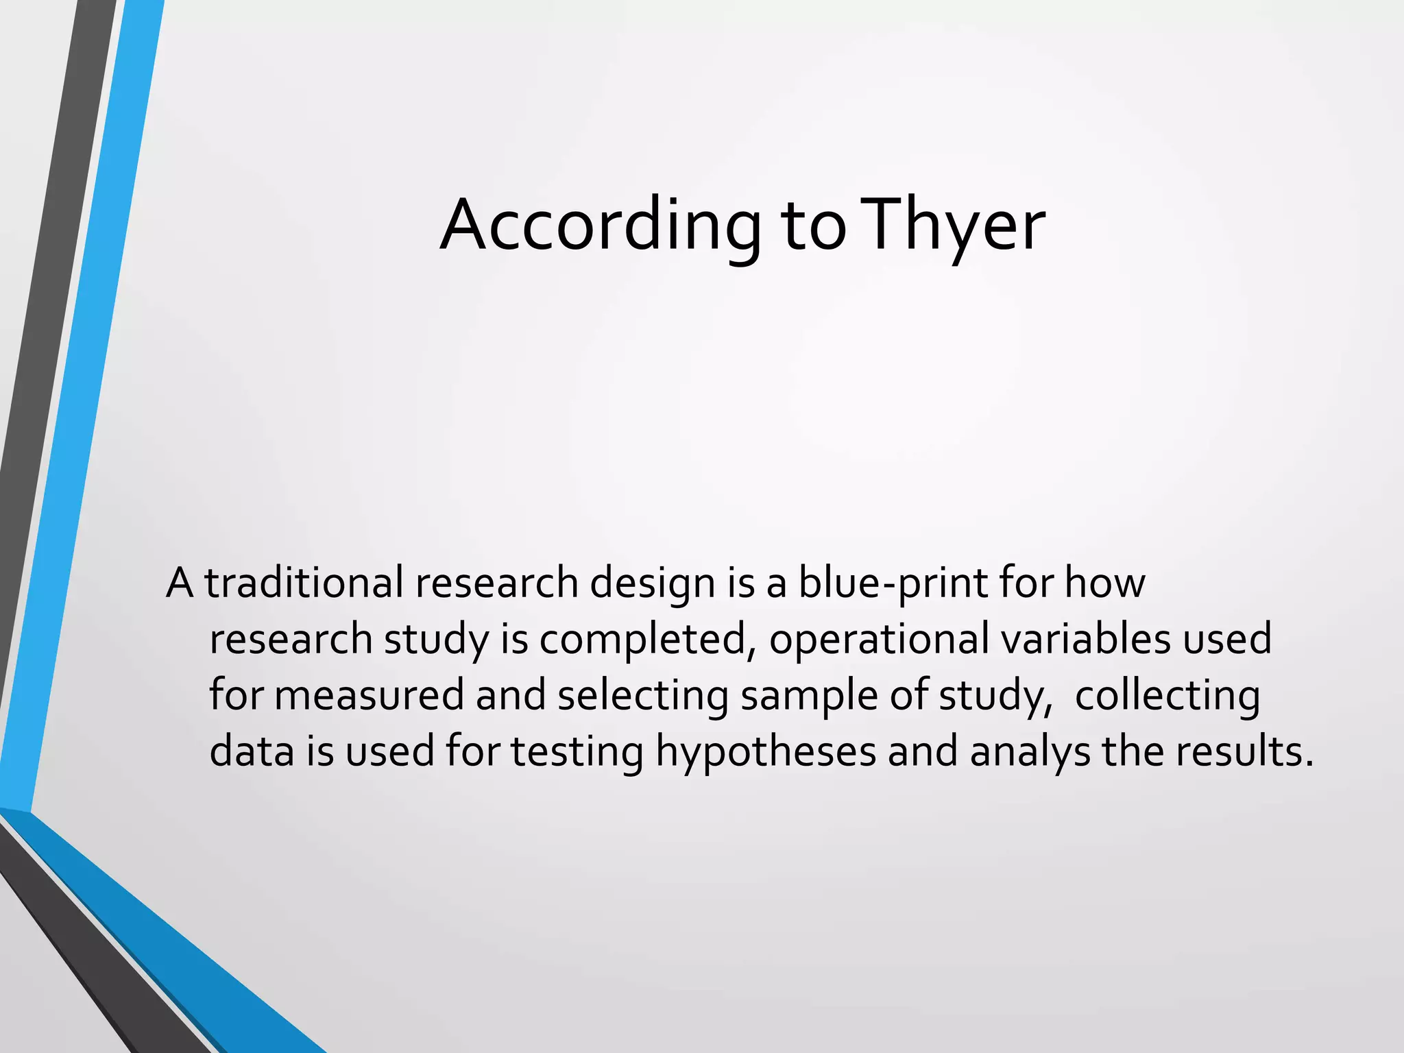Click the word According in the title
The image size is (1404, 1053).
pos(600,226)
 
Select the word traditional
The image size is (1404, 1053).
pos(304,583)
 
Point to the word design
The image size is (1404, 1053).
pos(653,583)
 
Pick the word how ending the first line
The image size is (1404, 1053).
pos(1104,583)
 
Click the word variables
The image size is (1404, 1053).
pos(1086,639)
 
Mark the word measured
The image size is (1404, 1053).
pos(369,695)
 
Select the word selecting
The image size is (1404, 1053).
pos(642,695)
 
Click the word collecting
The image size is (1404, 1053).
pos(1167,695)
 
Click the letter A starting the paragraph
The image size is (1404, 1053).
pos(180,583)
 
